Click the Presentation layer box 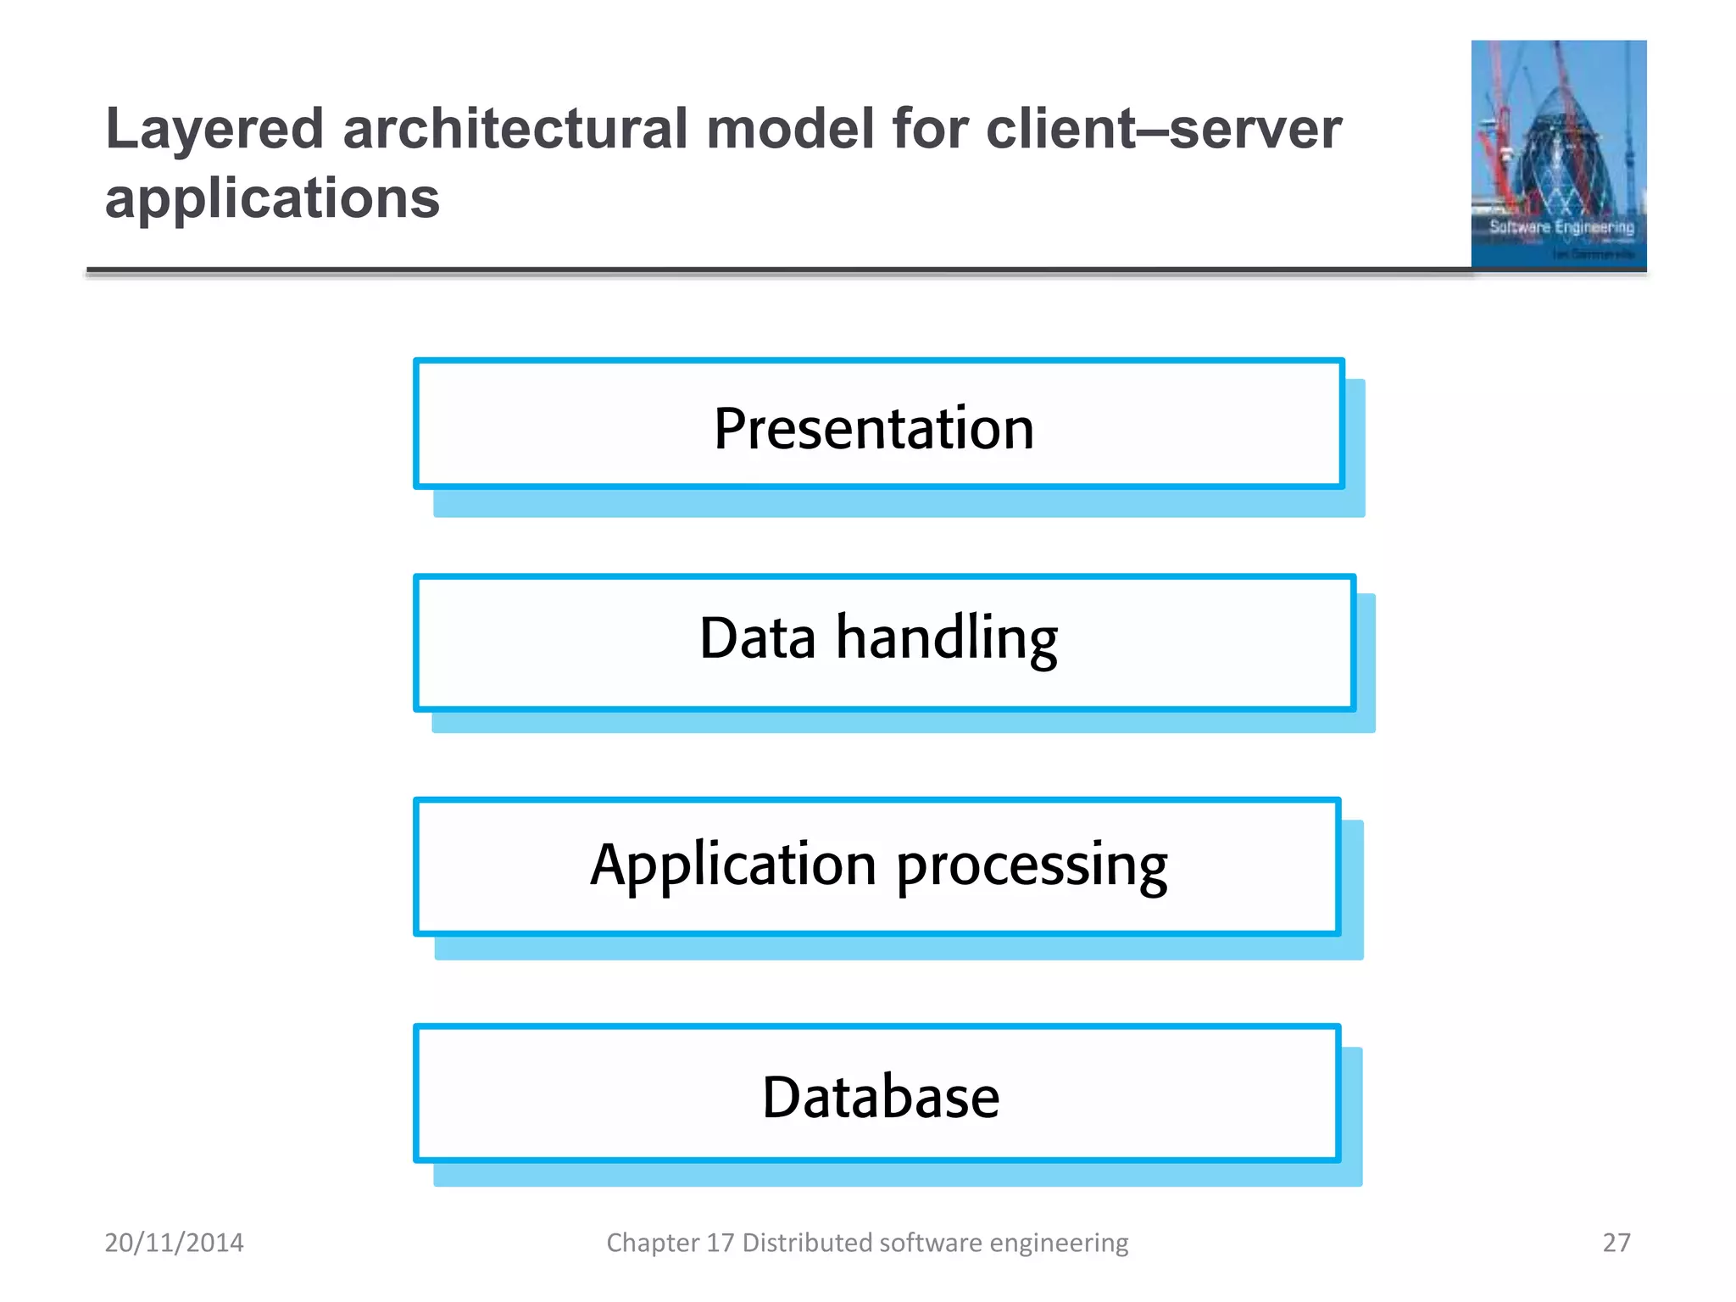coord(878,424)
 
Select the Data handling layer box coord(883,642)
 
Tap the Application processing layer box coord(876,866)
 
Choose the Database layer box coord(876,1093)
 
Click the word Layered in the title coord(214,130)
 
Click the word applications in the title coord(272,198)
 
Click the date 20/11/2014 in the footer coord(174,1243)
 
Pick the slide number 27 coord(1616,1243)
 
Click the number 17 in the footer coord(720,1243)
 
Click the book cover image coord(1558,154)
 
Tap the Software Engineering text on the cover coord(1561,227)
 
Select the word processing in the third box coord(1032,866)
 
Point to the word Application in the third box coord(733,866)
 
